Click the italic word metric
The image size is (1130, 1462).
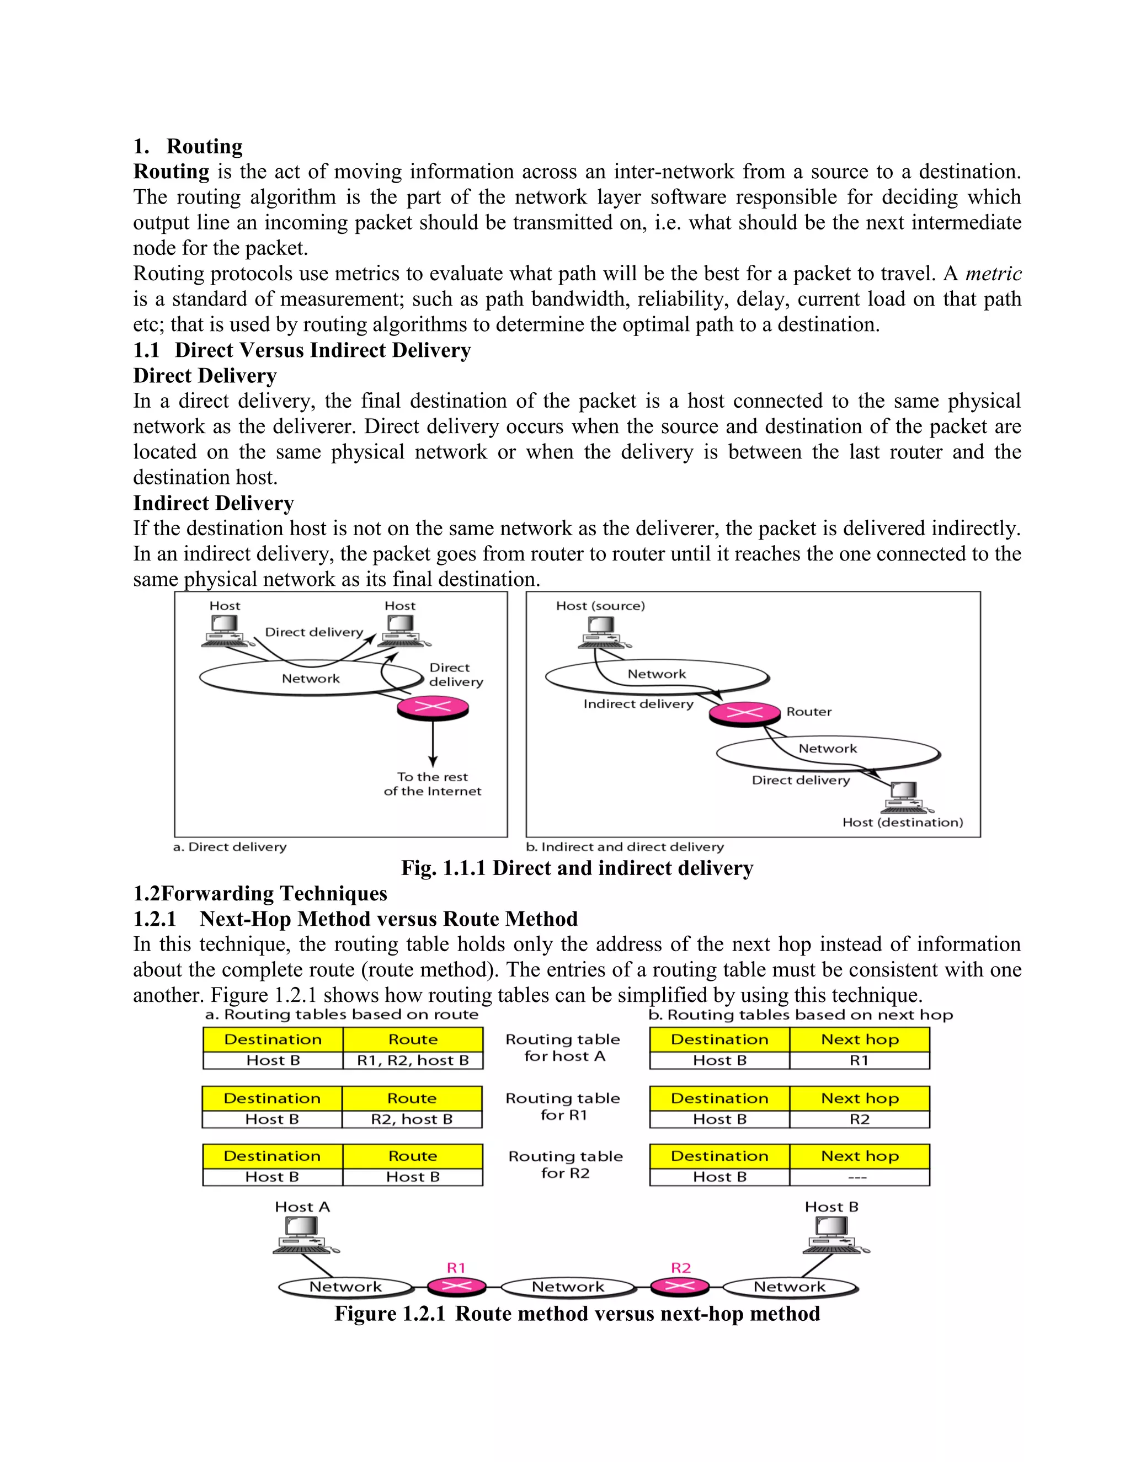(x=993, y=274)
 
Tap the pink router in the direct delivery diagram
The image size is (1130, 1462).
(x=433, y=708)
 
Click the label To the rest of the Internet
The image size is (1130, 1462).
(x=433, y=784)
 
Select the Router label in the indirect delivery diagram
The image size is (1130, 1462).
(x=809, y=712)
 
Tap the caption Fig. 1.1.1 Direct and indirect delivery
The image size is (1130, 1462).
(x=577, y=868)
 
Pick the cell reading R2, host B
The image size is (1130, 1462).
(x=412, y=1119)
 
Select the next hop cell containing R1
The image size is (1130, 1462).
(x=859, y=1060)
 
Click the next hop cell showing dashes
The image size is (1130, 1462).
(x=859, y=1177)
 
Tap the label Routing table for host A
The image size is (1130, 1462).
(x=563, y=1048)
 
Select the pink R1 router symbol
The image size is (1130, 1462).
(x=456, y=1286)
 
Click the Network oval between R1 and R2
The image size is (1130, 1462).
(x=568, y=1287)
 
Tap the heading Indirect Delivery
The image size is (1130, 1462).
(x=214, y=503)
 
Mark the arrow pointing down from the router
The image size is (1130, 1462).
(x=433, y=743)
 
